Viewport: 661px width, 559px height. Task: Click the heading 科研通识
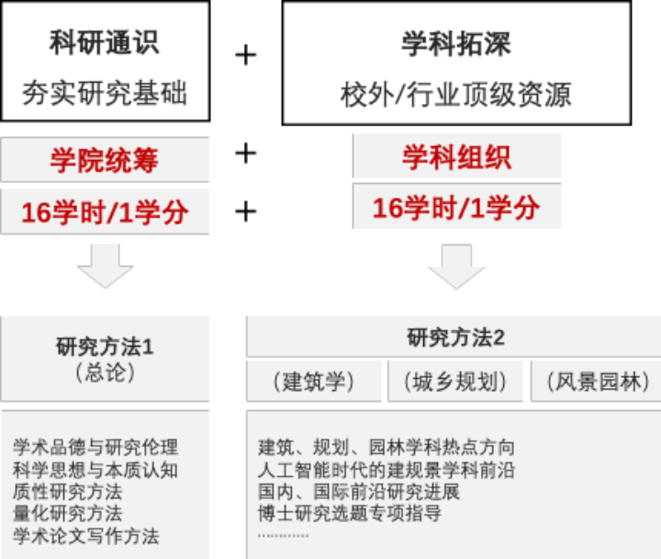(x=104, y=42)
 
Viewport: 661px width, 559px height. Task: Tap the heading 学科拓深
(x=455, y=42)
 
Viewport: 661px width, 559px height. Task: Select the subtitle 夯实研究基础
(x=104, y=94)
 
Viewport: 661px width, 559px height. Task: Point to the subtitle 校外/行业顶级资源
(x=455, y=94)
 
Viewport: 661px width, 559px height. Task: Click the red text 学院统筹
(x=104, y=160)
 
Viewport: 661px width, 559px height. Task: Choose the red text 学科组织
(x=456, y=156)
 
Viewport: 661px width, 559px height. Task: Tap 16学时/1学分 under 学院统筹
(x=104, y=211)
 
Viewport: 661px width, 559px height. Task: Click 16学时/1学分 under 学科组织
(x=456, y=208)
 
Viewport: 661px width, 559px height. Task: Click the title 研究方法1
(x=104, y=347)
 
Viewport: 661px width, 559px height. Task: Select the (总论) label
(x=104, y=372)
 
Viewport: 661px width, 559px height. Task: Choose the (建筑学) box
(x=313, y=382)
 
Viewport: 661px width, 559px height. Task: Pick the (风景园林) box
(x=596, y=382)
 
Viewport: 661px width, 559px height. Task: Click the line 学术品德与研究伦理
(x=95, y=448)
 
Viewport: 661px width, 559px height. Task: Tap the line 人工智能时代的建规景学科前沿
(x=387, y=470)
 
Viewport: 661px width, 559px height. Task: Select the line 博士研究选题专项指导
(x=350, y=513)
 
